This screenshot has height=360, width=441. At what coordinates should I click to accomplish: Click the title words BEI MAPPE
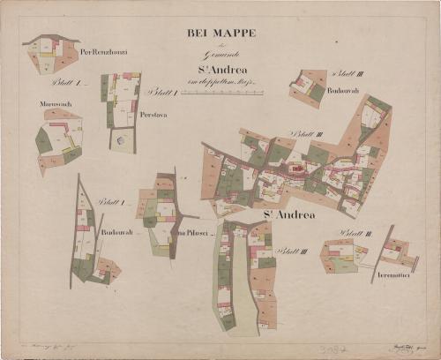221,34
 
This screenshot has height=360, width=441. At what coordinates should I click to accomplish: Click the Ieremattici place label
399,275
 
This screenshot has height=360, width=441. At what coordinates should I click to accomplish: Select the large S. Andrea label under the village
288,214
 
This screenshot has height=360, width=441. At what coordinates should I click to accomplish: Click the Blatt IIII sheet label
289,251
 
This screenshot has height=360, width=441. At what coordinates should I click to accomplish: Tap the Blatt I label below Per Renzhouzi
67,83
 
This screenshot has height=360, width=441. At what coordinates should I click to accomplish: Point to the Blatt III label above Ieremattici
355,233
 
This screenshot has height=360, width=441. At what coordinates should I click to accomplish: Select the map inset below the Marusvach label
58,139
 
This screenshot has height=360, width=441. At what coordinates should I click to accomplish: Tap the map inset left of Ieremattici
342,256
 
